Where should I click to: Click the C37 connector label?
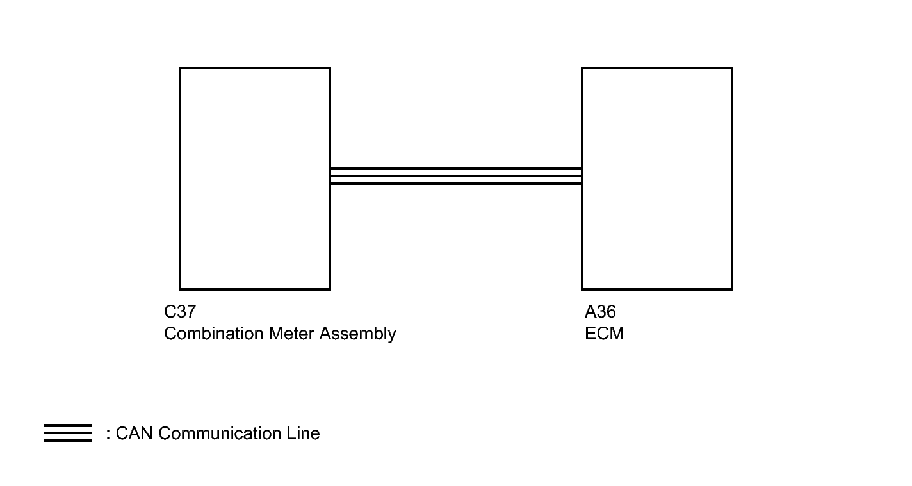(180, 312)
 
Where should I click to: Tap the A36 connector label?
(600, 312)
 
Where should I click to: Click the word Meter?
(291, 334)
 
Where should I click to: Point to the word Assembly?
(357, 334)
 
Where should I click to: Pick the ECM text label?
(604, 334)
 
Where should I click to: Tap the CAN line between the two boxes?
(456, 176)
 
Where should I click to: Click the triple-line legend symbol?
(68, 433)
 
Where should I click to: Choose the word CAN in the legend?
(134, 433)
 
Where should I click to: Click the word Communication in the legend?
(220, 433)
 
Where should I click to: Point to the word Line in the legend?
(303, 433)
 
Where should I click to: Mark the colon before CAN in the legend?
(108, 434)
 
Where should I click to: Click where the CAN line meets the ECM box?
(582, 176)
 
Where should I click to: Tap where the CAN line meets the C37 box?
(330, 176)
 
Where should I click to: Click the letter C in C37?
(169, 312)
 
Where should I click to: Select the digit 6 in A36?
(610, 312)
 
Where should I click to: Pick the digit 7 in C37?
(191, 312)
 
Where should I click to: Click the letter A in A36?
(590, 312)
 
